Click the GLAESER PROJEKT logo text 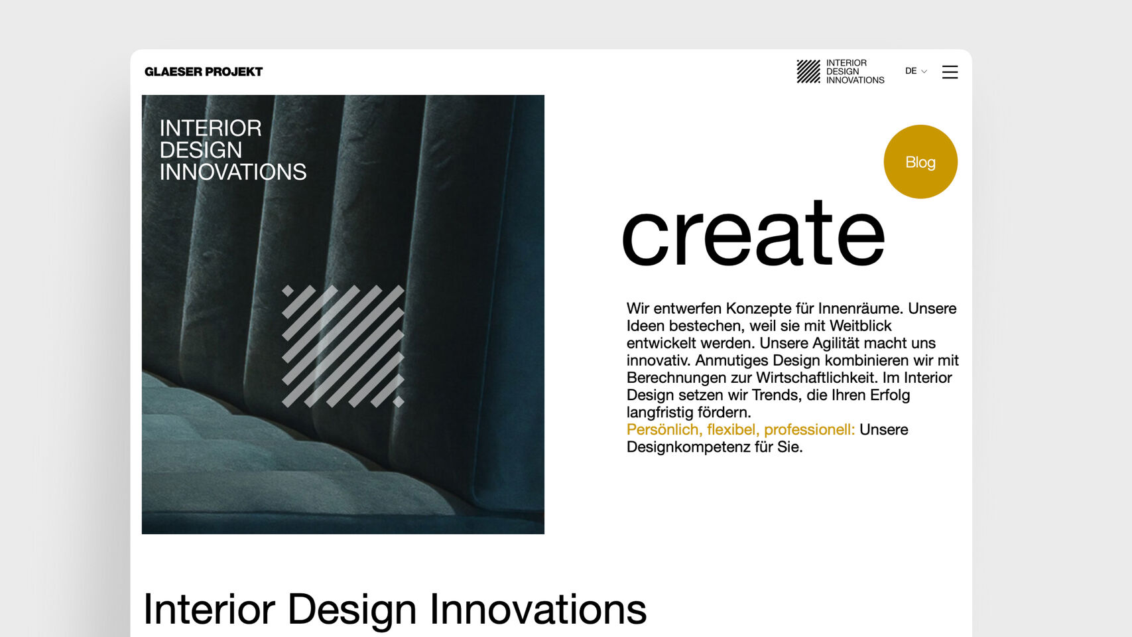click(204, 72)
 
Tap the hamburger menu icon click(950, 72)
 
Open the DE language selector click(916, 71)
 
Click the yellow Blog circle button click(920, 162)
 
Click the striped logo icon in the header click(808, 71)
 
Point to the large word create click(753, 233)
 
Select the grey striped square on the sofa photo click(343, 346)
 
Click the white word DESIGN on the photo click(201, 150)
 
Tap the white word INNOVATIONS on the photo click(233, 173)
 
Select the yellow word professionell click(809, 430)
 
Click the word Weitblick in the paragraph click(861, 326)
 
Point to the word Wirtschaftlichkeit click(818, 378)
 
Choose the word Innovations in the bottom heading click(538, 608)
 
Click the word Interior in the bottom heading click(209, 608)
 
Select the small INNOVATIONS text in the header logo click(855, 80)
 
